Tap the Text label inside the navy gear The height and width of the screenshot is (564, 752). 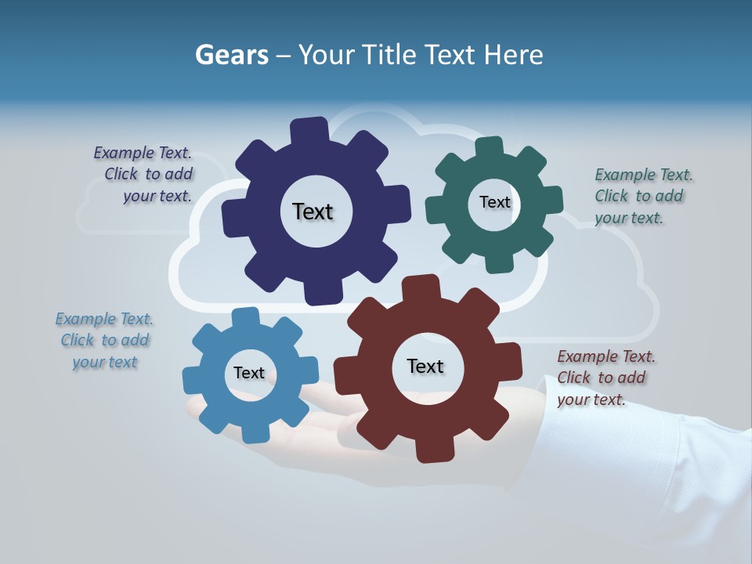click(x=313, y=211)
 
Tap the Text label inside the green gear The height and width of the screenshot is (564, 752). click(x=494, y=202)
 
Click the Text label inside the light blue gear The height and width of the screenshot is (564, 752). click(x=249, y=373)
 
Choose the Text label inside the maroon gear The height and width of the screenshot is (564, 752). click(x=425, y=366)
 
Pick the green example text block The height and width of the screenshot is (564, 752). click(x=643, y=197)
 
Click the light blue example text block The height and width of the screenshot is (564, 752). click(x=104, y=341)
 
